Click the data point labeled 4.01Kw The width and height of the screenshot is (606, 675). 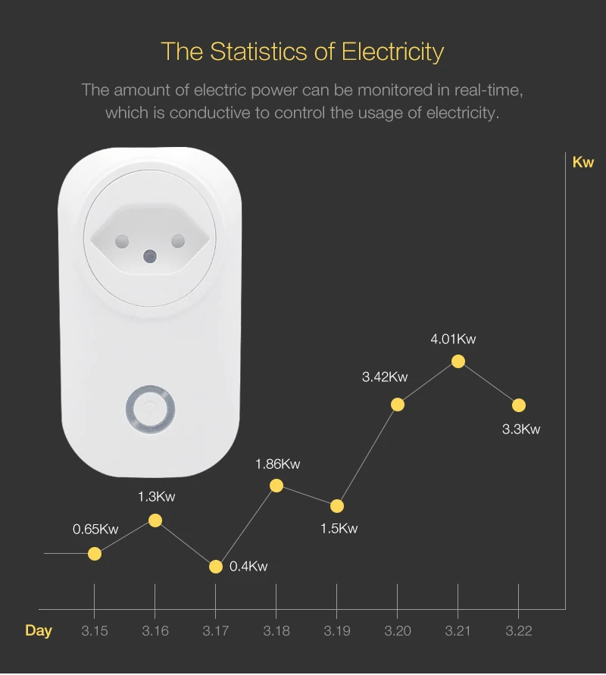[x=458, y=361]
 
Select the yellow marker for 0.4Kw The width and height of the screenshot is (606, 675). [x=216, y=567]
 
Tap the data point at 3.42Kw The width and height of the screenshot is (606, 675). [x=398, y=405]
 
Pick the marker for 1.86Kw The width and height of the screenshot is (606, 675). [x=276, y=486]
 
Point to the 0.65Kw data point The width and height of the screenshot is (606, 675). [x=95, y=554]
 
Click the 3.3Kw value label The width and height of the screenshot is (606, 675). [x=521, y=430]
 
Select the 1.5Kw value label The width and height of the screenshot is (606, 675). [x=339, y=529]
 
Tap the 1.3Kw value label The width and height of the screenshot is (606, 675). [x=155, y=497]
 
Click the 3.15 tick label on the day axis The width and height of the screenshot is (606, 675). [x=95, y=631]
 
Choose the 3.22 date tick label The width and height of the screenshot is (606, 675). [x=519, y=631]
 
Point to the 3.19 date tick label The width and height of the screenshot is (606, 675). [x=337, y=631]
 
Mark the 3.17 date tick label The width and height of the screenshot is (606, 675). [x=216, y=631]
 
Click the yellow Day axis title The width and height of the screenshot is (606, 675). [x=39, y=631]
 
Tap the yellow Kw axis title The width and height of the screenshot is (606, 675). [x=583, y=162]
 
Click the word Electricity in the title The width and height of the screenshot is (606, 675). [x=392, y=52]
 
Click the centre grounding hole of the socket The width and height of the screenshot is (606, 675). [x=149, y=255]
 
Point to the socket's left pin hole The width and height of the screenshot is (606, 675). [x=120, y=242]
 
